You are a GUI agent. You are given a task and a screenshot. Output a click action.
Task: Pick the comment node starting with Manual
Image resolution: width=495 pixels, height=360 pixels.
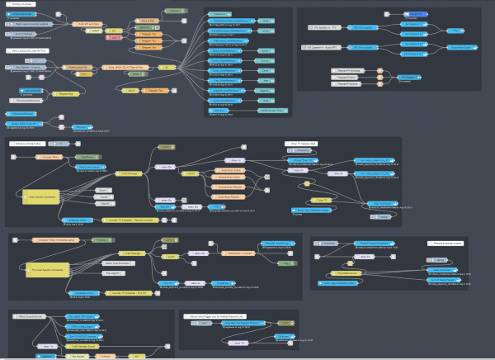pyautogui.click(x=224, y=315)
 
